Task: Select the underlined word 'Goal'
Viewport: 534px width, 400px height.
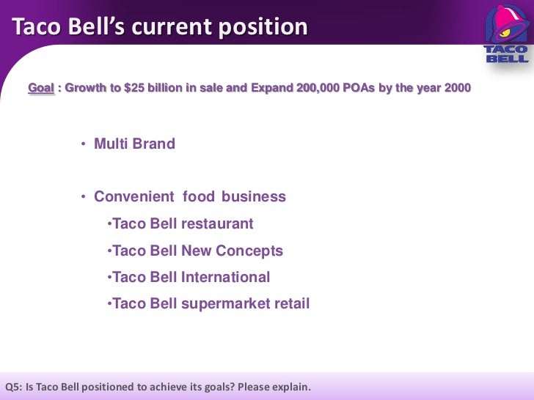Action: (x=41, y=89)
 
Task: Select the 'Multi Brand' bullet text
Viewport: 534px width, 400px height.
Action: (x=134, y=144)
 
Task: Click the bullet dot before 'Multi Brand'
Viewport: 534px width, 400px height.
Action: (x=84, y=144)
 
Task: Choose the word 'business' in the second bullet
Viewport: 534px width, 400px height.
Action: (x=254, y=197)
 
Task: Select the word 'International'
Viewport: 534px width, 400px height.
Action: (x=225, y=278)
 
